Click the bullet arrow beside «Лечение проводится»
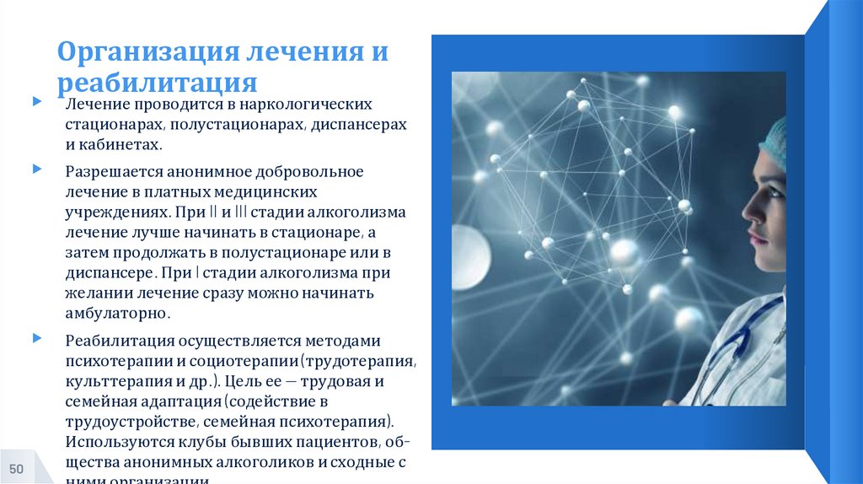(x=37, y=102)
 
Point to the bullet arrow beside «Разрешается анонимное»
(x=37, y=169)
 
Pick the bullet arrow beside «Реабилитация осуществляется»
(x=37, y=338)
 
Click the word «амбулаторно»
(x=117, y=314)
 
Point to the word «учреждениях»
(x=112, y=212)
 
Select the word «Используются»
(x=118, y=442)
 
